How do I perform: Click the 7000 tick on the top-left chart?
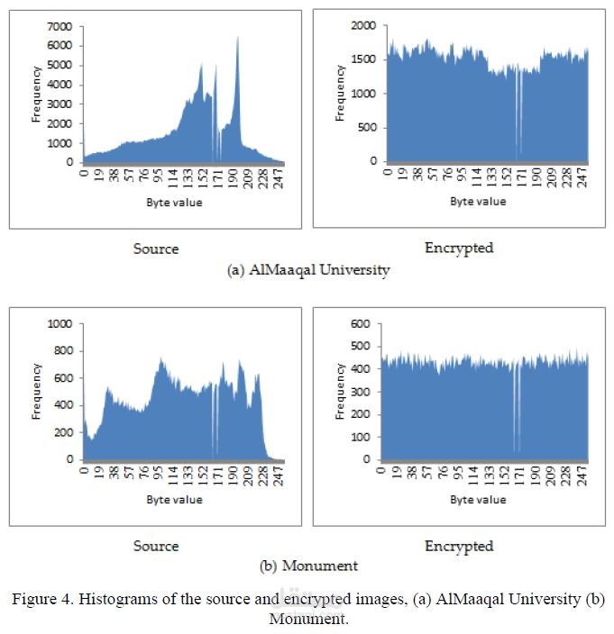click(x=60, y=27)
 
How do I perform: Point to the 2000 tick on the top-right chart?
click(x=363, y=25)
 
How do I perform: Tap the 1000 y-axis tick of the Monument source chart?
click(x=60, y=324)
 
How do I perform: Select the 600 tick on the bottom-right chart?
click(x=361, y=324)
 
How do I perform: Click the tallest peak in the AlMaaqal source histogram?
click(x=238, y=37)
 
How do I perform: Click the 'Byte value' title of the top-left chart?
click(x=174, y=203)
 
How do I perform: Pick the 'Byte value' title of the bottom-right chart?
click(x=478, y=500)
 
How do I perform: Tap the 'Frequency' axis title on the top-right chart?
click(x=341, y=93)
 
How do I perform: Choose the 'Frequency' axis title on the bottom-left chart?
click(x=36, y=392)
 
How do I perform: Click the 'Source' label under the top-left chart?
click(x=156, y=249)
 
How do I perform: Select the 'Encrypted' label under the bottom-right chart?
click(x=459, y=547)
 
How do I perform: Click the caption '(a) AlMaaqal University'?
click(x=308, y=269)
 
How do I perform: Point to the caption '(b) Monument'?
click(x=309, y=566)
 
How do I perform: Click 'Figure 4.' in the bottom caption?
click(x=43, y=599)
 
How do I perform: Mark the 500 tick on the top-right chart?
click(x=366, y=127)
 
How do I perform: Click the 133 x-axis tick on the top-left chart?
click(x=188, y=178)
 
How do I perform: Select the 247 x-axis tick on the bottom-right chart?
click(x=582, y=475)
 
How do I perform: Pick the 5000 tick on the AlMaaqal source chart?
click(x=60, y=65)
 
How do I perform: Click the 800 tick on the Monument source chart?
click(x=63, y=351)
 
